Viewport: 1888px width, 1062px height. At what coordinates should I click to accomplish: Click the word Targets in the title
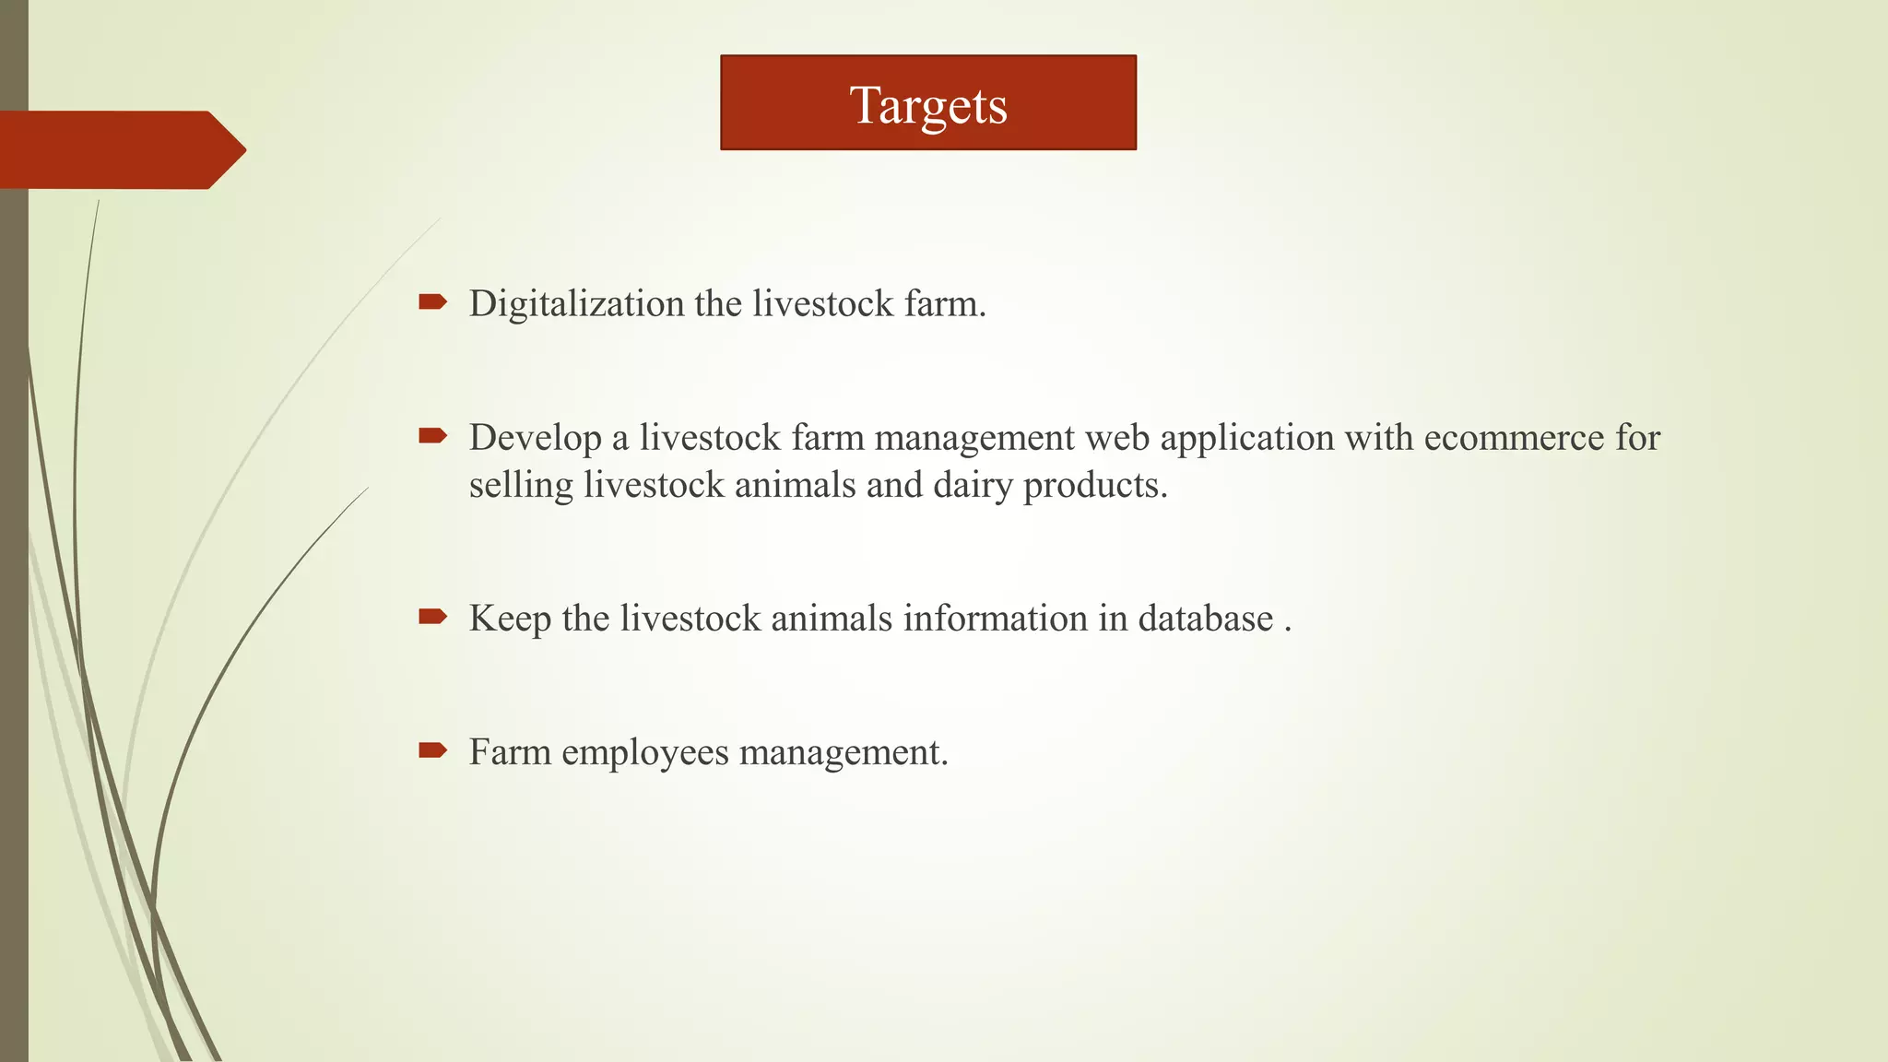pos(927,105)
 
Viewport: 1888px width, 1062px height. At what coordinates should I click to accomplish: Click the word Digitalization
pos(576,304)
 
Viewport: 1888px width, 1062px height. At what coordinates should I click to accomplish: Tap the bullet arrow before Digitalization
pos(432,301)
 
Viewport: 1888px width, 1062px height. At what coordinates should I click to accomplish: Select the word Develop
pos(535,438)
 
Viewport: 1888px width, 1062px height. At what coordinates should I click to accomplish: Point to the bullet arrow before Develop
pos(432,435)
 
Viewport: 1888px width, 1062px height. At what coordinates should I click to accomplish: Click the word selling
pos(521,486)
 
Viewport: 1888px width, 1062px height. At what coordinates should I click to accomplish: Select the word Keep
pos(510,619)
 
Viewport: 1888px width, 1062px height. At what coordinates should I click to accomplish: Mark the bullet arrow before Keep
pos(432,616)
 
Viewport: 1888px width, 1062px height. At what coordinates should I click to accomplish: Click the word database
pos(1205,619)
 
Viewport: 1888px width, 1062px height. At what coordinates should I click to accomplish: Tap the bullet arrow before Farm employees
pos(432,749)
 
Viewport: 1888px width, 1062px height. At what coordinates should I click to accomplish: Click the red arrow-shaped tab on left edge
pos(120,149)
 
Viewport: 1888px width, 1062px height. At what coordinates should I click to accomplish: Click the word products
pos(1094,486)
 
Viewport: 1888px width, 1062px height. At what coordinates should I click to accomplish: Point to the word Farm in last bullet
pos(510,752)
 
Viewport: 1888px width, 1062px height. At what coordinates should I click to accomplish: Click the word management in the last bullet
pos(843,753)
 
